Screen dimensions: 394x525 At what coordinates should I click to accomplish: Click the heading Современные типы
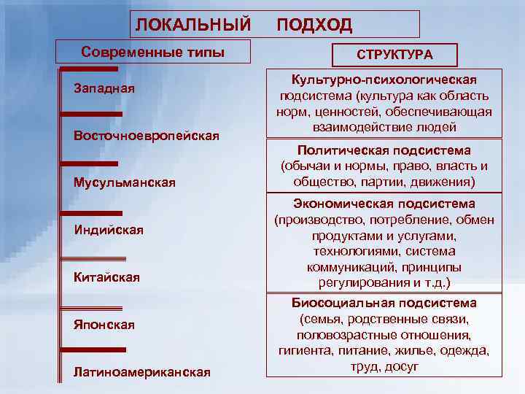[x=153, y=53]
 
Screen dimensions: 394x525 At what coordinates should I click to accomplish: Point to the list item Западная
[x=104, y=89]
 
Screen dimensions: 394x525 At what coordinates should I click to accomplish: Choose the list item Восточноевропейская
[x=147, y=136]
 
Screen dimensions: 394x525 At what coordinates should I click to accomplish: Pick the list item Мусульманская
[x=124, y=182]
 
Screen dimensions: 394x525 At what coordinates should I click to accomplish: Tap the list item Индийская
[x=109, y=231]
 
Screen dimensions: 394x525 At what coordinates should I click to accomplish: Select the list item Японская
[x=104, y=325]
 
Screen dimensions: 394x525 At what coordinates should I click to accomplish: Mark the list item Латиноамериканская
[x=142, y=372]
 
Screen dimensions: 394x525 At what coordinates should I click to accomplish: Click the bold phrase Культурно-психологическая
[x=384, y=79]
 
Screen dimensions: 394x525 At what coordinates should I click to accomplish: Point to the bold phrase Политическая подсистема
[x=384, y=150]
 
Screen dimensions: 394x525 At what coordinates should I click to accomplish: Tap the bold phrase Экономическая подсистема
[x=384, y=204]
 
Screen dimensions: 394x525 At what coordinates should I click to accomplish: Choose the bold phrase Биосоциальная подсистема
[x=384, y=303]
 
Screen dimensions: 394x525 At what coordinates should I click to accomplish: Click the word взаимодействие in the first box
[x=351, y=127]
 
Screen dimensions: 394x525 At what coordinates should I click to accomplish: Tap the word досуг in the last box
[x=404, y=367]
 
